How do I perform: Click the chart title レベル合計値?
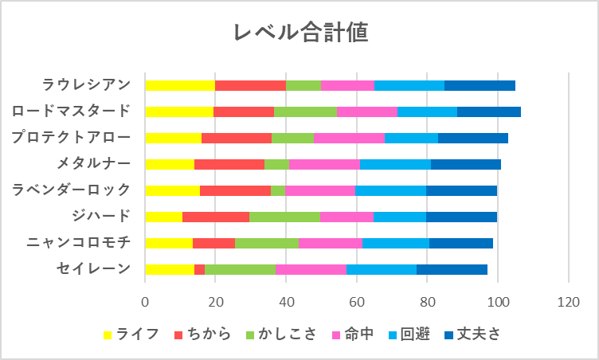(x=299, y=33)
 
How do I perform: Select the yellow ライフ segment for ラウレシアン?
(x=180, y=85)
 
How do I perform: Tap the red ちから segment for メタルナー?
(x=229, y=164)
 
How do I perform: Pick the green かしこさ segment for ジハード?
(x=284, y=216)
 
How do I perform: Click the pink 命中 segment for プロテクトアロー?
(x=349, y=138)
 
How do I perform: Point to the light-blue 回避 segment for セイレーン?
(x=382, y=268)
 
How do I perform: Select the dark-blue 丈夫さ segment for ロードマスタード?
(x=489, y=112)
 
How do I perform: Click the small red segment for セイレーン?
(x=199, y=268)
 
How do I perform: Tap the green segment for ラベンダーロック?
(x=278, y=190)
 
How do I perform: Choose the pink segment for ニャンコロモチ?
(x=331, y=242)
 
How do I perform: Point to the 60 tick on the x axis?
(x=357, y=303)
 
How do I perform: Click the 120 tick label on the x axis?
(x=568, y=303)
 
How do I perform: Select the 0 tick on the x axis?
(x=145, y=303)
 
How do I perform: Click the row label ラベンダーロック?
(x=72, y=190)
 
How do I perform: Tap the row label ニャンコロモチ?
(x=77, y=242)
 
